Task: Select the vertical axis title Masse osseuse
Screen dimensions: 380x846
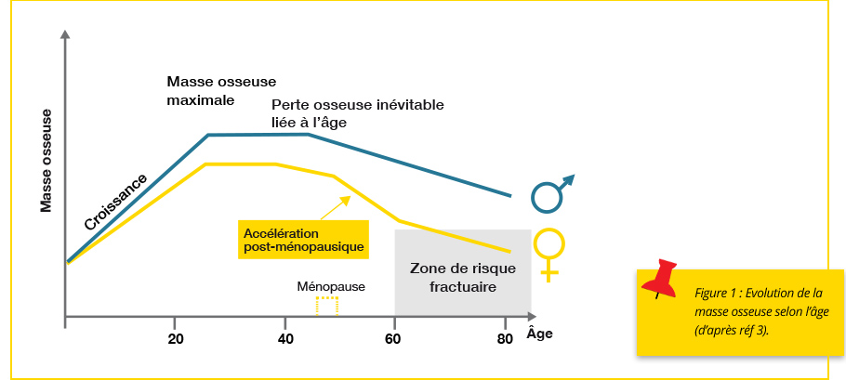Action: click(46, 160)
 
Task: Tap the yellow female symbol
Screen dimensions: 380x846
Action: click(549, 252)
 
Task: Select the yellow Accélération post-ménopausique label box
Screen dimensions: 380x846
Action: click(303, 240)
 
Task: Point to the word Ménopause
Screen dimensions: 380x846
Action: click(331, 286)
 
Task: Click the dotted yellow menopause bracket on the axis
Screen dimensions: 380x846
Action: click(326, 307)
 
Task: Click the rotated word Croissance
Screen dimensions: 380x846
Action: click(115, 201)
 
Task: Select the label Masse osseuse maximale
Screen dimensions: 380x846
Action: click(221, 90)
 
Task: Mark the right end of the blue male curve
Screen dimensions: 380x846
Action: click(510, 196)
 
